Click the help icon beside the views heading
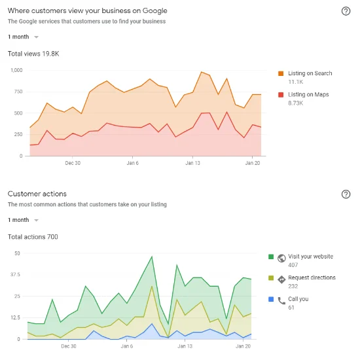(346, 11)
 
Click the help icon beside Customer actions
(346, 194)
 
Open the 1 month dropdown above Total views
(23, 37)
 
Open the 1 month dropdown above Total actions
(23, 220)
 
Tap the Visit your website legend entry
(311, 257)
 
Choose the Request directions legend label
(312, 278)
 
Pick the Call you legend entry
(298, 299)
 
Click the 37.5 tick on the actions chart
(15, 274)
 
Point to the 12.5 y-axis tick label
(15, 317)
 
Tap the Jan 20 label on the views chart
(253, 163)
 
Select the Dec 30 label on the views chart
(73, 163)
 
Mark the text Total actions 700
(33, 236)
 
